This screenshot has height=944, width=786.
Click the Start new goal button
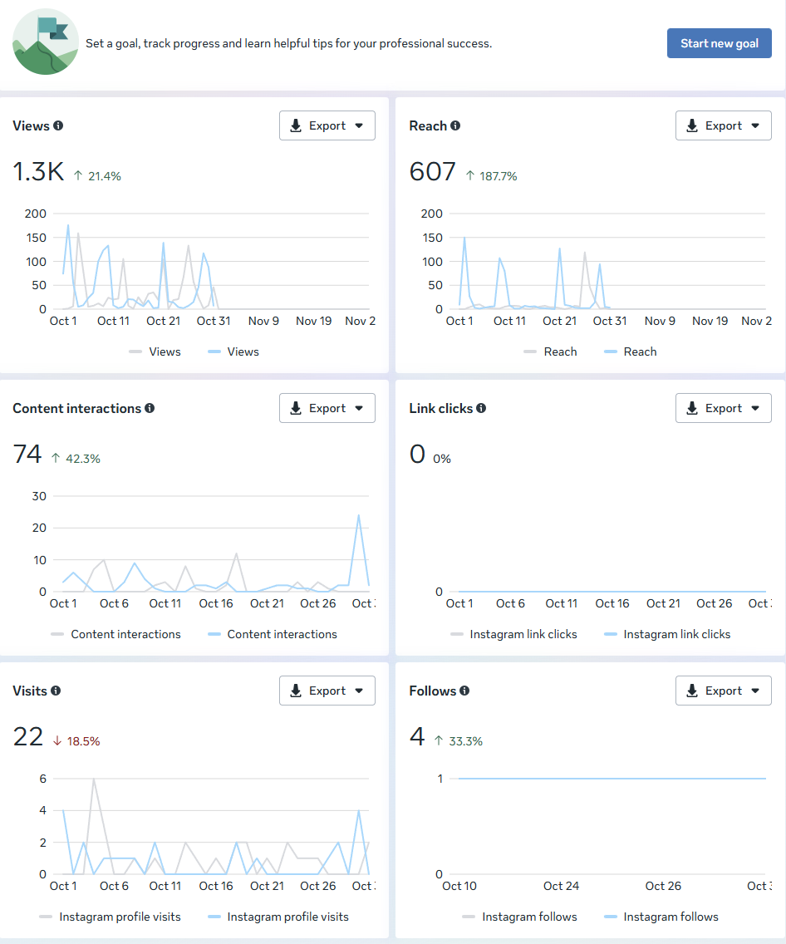[x=719, y=43]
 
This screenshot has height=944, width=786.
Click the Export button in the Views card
[x=327, y=125]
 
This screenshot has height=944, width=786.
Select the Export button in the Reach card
[x=723, y=125]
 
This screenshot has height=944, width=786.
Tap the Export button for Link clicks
[x=723, y=408]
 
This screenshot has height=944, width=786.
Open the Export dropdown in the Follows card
[x=723, y=691]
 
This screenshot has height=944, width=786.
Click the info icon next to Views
[x=58, y=125]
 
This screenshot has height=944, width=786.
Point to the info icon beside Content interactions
[x=150, y=408]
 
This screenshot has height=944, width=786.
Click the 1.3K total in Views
[x=38, y=172]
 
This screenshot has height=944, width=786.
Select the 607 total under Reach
[x=433, y=172]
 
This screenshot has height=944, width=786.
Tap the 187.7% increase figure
[x=498, y=176]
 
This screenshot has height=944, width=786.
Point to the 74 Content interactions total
[x=27, y=455]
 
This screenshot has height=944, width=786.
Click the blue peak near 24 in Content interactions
[x=359, y=515]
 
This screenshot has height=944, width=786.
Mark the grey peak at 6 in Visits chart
[x=94, y=779]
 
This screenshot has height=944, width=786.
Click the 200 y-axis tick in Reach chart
[x=432, y=214]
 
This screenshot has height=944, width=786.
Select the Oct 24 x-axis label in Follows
[x=561, y=886]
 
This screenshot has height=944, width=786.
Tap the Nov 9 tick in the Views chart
[x=263, y=321]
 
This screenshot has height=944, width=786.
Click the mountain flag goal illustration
[x=45, y=42]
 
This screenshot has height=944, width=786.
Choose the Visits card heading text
[x=30, y=691]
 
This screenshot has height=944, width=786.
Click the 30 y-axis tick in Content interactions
[x=38, y=496]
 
